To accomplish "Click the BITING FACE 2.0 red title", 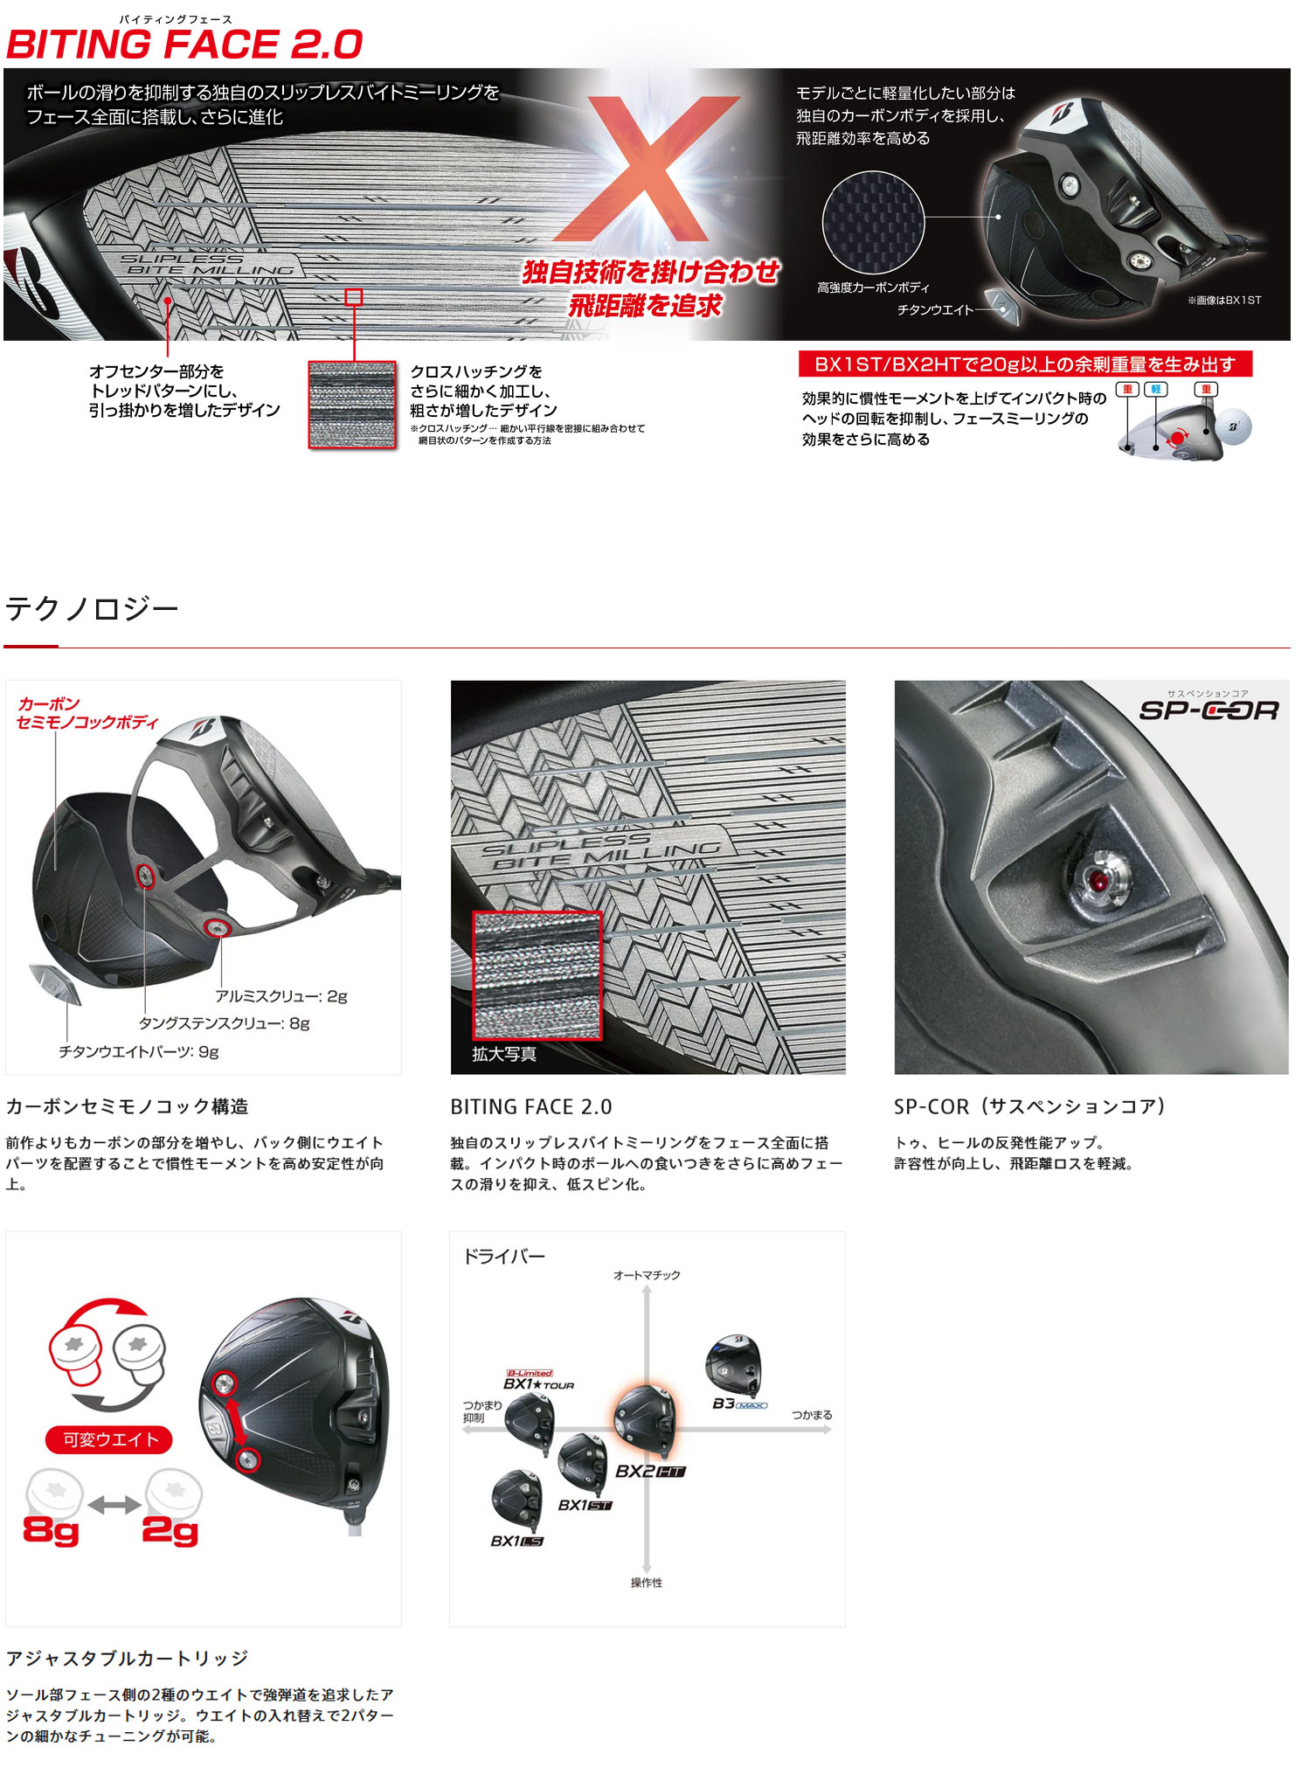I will click(x=184, y=45).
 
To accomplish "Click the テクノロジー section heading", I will click(x=92, y=608).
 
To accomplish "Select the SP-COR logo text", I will click(x=1209, y=710).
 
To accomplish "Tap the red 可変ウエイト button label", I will click(x=110, y=1439).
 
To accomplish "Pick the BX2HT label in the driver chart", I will click(x=650, y=1471).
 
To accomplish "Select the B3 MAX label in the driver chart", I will click(x=739, y=1403).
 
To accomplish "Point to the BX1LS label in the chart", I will click(x=516, y=1541).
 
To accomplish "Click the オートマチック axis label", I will click(x=647, y=1275).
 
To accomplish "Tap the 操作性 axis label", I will click(x=647, y=1583).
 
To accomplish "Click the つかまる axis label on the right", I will click(x=812, y=1415).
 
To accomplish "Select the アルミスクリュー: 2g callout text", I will click(x=281, y=996).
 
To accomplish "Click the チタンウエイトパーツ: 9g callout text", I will click(x=139, y=1051).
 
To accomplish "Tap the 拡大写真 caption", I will click(x=504, y=1054).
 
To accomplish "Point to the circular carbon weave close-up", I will click(x=873, y=222).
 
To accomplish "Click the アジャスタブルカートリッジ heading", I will click(x=128, y=1658).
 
